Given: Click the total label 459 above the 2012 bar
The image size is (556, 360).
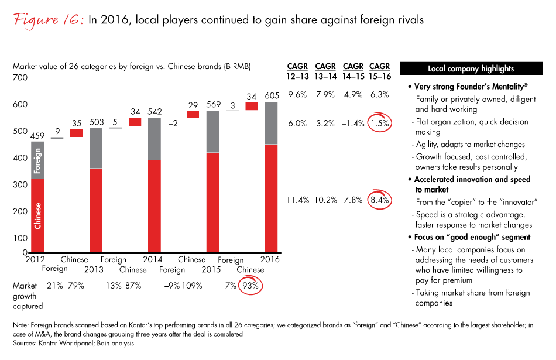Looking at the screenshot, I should pos(37,137).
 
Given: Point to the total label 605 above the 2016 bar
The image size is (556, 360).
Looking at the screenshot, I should pos(271,96).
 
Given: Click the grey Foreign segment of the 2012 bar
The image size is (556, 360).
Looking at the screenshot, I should pos(37,160).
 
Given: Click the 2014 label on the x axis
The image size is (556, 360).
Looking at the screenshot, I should pos(154,259).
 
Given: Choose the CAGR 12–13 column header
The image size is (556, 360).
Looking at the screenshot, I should pos(297,71).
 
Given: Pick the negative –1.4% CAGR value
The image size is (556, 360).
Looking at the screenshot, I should pos(353,123).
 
